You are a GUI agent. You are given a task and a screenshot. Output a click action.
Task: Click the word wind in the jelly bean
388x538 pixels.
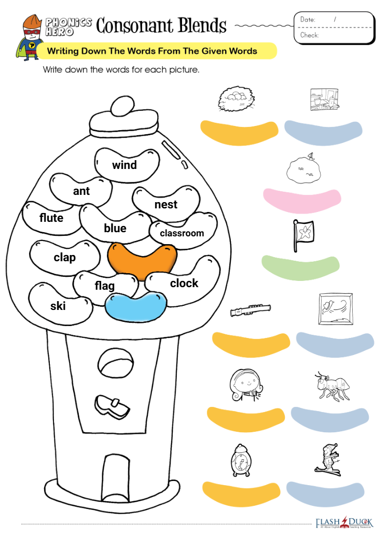(x=124, y=165)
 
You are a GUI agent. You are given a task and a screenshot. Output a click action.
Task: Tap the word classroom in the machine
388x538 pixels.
(x=182, y=233)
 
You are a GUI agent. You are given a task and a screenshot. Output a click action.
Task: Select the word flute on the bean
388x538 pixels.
(x=51, y=218)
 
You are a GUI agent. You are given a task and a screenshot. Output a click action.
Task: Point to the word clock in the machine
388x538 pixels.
(x=184, y=283)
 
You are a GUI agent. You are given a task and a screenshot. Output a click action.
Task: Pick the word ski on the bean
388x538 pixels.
(x=58, y=306)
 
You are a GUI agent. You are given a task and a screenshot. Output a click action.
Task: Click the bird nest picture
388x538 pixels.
(x=236, y=99)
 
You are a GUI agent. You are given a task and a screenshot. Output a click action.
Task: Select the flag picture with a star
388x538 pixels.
(x=303, y=236)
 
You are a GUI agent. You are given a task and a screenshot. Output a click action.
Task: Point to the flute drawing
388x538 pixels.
(x=251, y=310)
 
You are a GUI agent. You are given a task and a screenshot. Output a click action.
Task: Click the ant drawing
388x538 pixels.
(x=332, y=386)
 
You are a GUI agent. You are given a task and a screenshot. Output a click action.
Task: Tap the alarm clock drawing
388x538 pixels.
(x=241, y=460)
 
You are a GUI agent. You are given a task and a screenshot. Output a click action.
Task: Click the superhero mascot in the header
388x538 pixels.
(x=29, y=38)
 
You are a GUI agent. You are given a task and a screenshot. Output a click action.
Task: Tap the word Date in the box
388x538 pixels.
(x=308, y=20)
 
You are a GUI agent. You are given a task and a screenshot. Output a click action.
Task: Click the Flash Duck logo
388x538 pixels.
(x=344, y=522)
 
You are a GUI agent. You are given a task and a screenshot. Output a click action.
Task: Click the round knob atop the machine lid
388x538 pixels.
(x=122, y=106)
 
